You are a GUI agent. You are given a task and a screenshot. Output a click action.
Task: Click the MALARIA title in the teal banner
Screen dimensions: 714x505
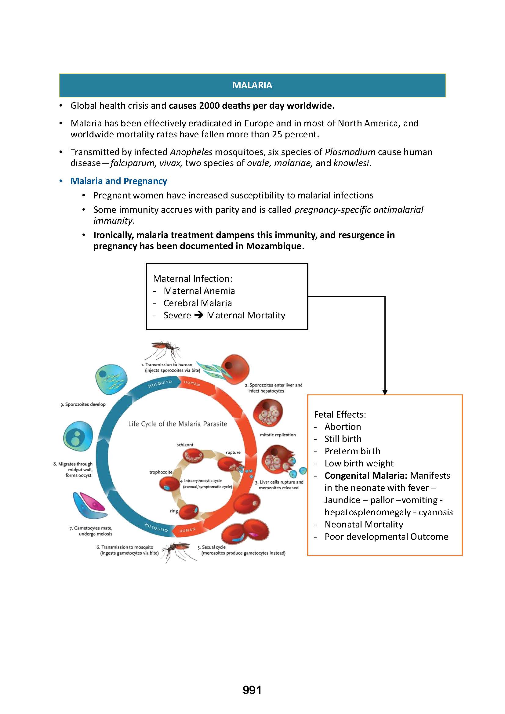pyautogui.click(x=252, y=85)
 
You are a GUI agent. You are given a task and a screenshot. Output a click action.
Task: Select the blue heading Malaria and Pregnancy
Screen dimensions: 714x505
pyautogui.click(x=118, y=181)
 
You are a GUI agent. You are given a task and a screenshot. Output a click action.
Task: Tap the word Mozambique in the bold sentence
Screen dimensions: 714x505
pyautogui.click(x=274, y=246)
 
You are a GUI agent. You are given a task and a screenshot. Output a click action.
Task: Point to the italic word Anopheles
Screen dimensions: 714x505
pyautogui.click(x=191, y=152)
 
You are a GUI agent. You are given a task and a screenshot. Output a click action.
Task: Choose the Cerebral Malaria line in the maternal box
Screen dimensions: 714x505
pyautogui.click(x=198, y=303)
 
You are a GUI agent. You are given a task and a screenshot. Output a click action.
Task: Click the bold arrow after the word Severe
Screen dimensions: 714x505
pyautogui.click(x=199, y=315)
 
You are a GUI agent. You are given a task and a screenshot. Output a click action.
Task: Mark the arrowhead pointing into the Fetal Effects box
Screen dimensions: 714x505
pyautogui.click(x=385, y=392)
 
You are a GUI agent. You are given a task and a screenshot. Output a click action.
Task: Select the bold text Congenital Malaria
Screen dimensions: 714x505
pyautogui.click(x=366, y=476)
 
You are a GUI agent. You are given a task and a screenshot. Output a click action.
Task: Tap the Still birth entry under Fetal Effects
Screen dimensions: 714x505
pyautogui.click(x=343, y=439)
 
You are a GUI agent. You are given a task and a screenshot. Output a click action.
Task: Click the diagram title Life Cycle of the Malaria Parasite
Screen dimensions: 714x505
pyautogui.click(x=178, y=424)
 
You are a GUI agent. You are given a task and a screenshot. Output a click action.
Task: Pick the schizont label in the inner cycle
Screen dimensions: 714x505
pyautogui.click(x=185, y=445)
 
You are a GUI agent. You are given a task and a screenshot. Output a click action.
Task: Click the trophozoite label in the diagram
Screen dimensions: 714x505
pyautogui.click(x=161, y=472)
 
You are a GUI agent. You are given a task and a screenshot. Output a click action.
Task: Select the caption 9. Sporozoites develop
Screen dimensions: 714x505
pyautogui.click(x=83, y=404)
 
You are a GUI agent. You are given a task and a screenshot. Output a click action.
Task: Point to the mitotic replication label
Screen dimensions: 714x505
pyautogui.click(x=278, y=435)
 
